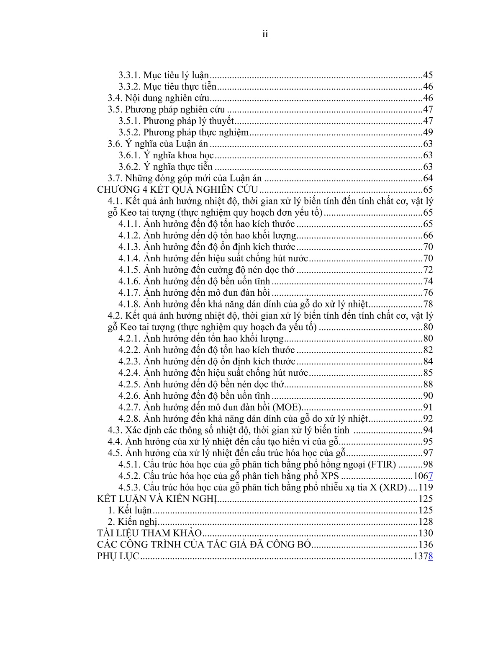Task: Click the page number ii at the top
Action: (265, 34)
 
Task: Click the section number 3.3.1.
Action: (130, 75)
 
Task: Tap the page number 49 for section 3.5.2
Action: (428, 133)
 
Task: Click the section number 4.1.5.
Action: (130, 270)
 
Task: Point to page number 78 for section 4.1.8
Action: (428, 304)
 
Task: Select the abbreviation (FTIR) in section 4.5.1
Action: (382, 464)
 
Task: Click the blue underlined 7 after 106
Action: (431, 476)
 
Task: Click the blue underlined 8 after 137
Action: (431, 556)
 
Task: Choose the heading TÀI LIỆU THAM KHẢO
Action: (149, 533)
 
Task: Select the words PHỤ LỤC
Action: (118, 556)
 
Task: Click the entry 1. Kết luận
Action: (130, 510)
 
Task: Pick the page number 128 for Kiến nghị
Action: (425, 522)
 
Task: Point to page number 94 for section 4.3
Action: (428, 430)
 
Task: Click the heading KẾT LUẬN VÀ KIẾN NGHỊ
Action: (157, 499)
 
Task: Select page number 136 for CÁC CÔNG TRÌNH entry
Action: (425, 544)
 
